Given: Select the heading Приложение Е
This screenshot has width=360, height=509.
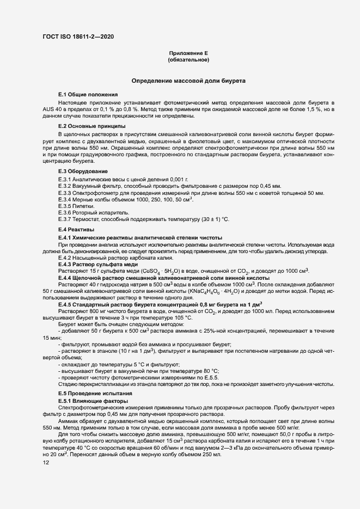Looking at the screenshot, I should (188, 53).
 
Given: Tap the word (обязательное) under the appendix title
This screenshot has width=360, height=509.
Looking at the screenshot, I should (188, 60).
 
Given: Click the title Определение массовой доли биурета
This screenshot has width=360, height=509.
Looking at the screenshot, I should (188, 81).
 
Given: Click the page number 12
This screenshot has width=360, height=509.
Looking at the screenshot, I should (46, 463).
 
